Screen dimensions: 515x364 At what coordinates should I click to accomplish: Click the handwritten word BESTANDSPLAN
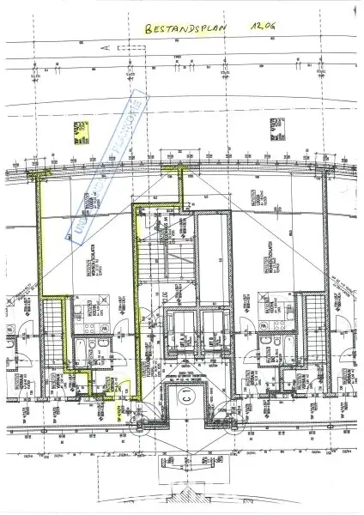183,28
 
